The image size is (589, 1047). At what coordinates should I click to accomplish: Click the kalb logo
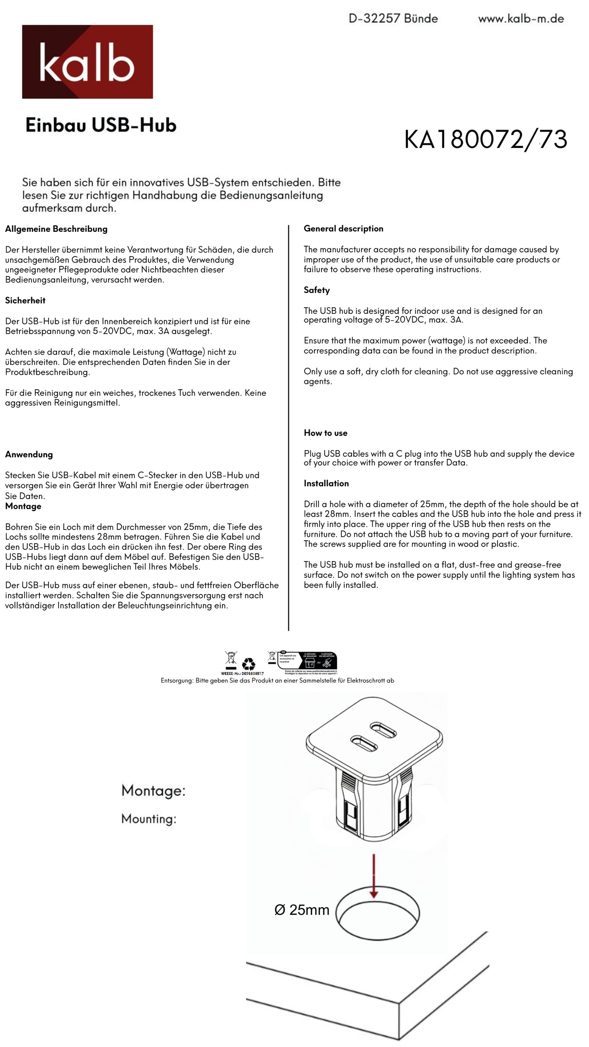coord(87,62)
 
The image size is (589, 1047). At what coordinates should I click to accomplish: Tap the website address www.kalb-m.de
coord(521,19)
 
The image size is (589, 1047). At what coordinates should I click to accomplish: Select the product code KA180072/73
coord(485,139)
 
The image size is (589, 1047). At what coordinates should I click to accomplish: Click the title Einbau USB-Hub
coord(101,125)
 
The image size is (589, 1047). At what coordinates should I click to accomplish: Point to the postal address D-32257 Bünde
coord(393,19)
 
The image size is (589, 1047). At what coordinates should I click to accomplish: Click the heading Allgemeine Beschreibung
coord(56,229)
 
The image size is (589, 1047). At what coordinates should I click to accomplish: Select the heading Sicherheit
coord(25,300)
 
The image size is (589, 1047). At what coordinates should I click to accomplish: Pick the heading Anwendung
coord(29,454)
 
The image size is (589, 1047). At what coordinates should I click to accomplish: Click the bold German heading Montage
coord(23,506)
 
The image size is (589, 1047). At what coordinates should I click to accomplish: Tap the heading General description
coord(343,228)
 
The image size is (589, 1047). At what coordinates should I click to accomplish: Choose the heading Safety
coord(317,290)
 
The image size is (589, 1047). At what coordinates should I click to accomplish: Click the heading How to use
coord(325,433)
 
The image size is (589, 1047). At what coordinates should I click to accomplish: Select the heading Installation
coord(326,483)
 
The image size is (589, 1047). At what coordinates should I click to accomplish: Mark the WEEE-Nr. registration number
coord(242,673)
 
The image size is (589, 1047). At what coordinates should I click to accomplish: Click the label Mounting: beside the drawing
coord(149,819)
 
